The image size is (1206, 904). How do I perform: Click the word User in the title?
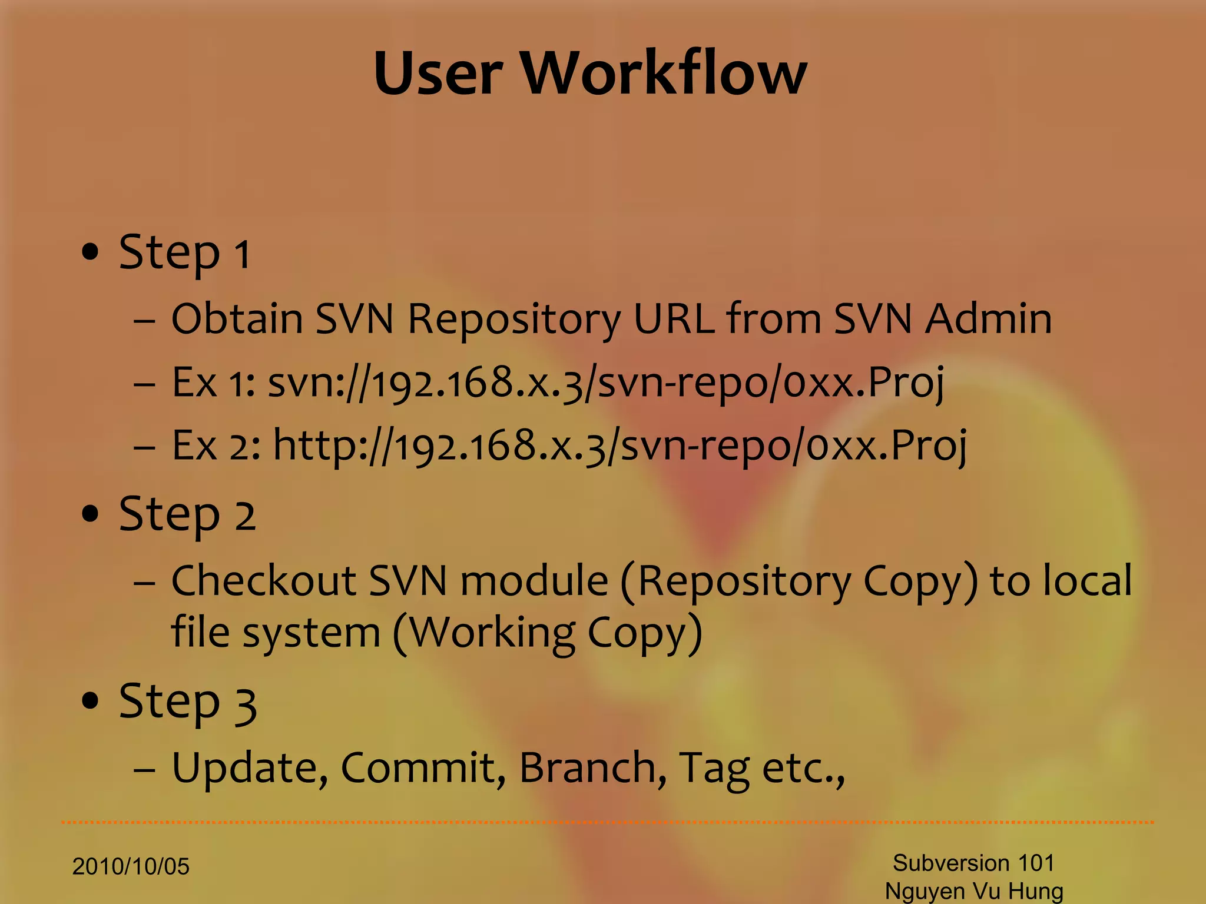coord(438,73)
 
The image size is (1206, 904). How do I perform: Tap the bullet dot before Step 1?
coord(90,252)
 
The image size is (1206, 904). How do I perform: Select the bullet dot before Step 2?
coord(90,514)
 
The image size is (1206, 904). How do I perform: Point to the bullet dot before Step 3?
coord(90,700)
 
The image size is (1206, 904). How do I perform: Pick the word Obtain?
coord(237,318)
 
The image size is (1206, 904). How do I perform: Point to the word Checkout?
coord(263,581)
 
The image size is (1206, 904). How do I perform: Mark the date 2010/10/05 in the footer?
coord(131,866)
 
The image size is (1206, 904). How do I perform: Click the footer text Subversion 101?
coord(973,863)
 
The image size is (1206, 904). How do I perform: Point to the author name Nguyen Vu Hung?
coord(974,891)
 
